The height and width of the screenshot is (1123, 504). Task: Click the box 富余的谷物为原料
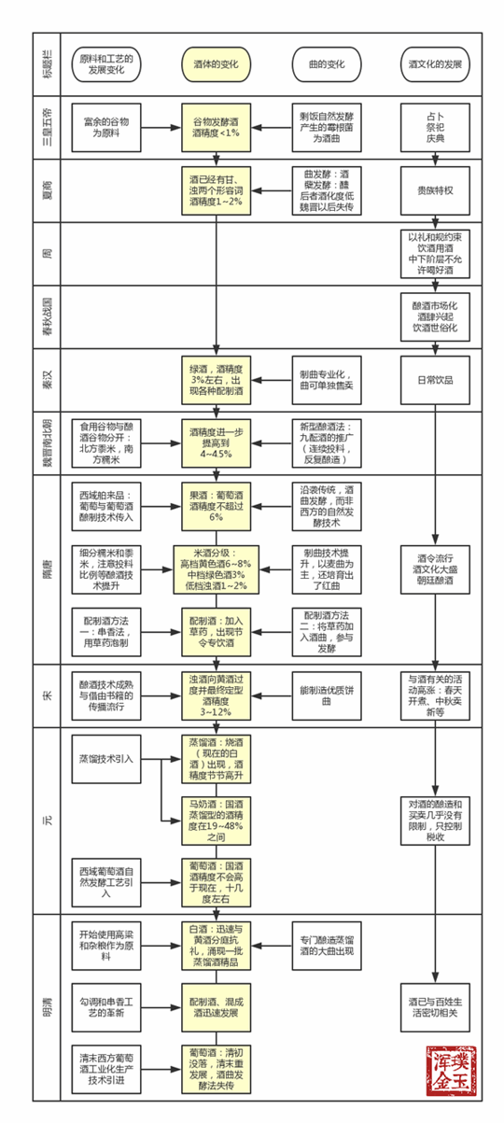click(105, 127)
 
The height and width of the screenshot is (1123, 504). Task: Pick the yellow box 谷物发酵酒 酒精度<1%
click(216, 127)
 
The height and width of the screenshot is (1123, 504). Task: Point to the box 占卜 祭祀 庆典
click(436, 127)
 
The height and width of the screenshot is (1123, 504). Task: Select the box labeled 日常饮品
click(436, 379)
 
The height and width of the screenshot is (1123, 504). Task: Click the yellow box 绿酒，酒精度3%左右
click(216, 379)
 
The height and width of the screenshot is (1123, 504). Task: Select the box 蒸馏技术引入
click(105, 758)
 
